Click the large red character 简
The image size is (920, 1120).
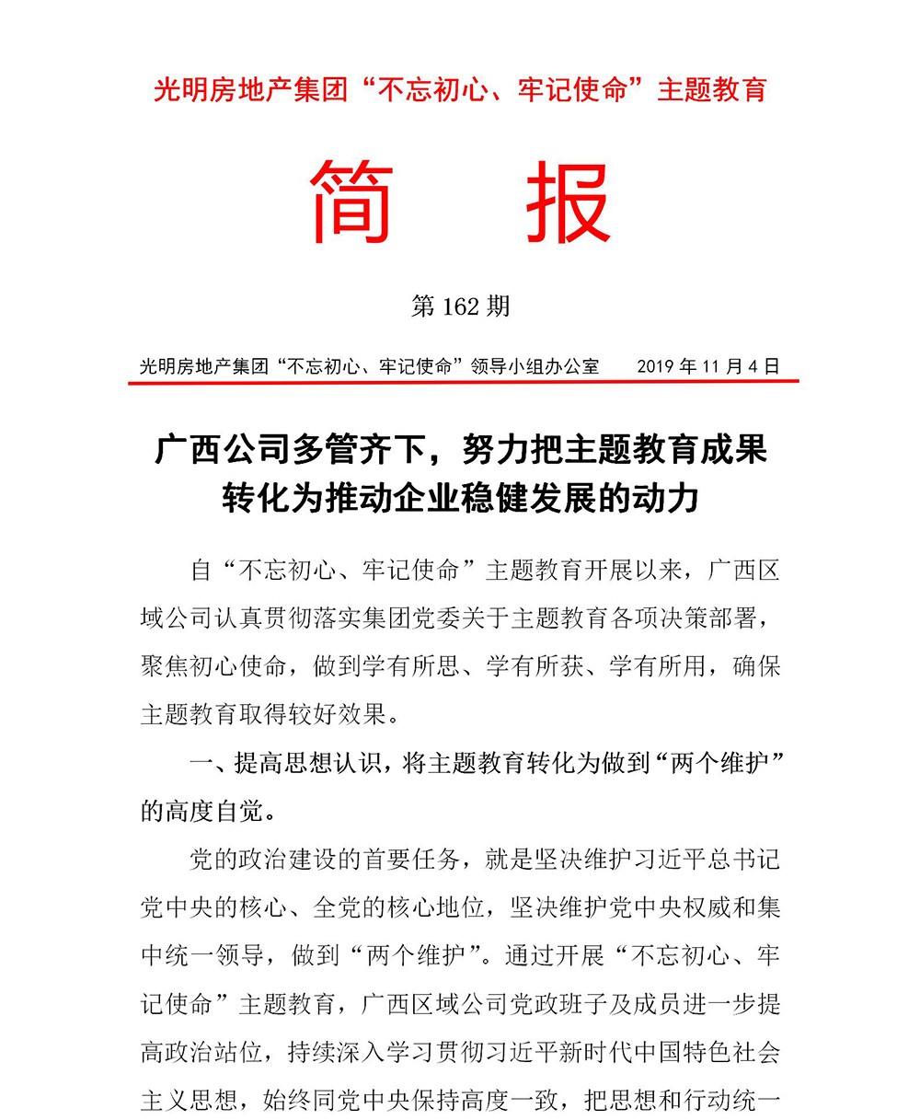(354, 202)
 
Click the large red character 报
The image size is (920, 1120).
(568, 202)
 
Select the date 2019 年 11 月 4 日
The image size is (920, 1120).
(707, 365)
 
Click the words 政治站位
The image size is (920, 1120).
(226, 1050)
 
